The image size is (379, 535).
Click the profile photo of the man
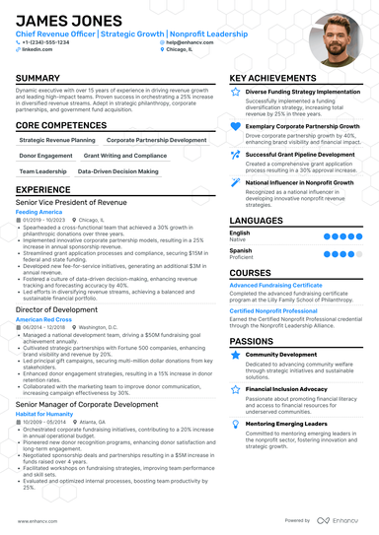[334, 39]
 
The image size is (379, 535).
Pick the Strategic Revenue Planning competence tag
[57, 141]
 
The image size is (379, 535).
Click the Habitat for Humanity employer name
[44, 413]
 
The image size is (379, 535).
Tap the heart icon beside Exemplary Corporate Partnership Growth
[235, 126]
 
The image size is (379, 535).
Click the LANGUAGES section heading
[257, 220]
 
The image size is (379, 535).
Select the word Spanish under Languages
[240, 250]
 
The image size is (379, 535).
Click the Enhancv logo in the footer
[340, 520]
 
